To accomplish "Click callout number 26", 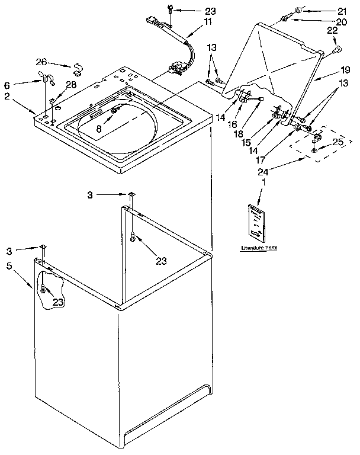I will pyautogui.click(x=41, y=62).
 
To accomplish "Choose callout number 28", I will pyautogui.click(x=71, y=85).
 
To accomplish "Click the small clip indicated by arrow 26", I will pyautogui.click(x=77, y=67).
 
